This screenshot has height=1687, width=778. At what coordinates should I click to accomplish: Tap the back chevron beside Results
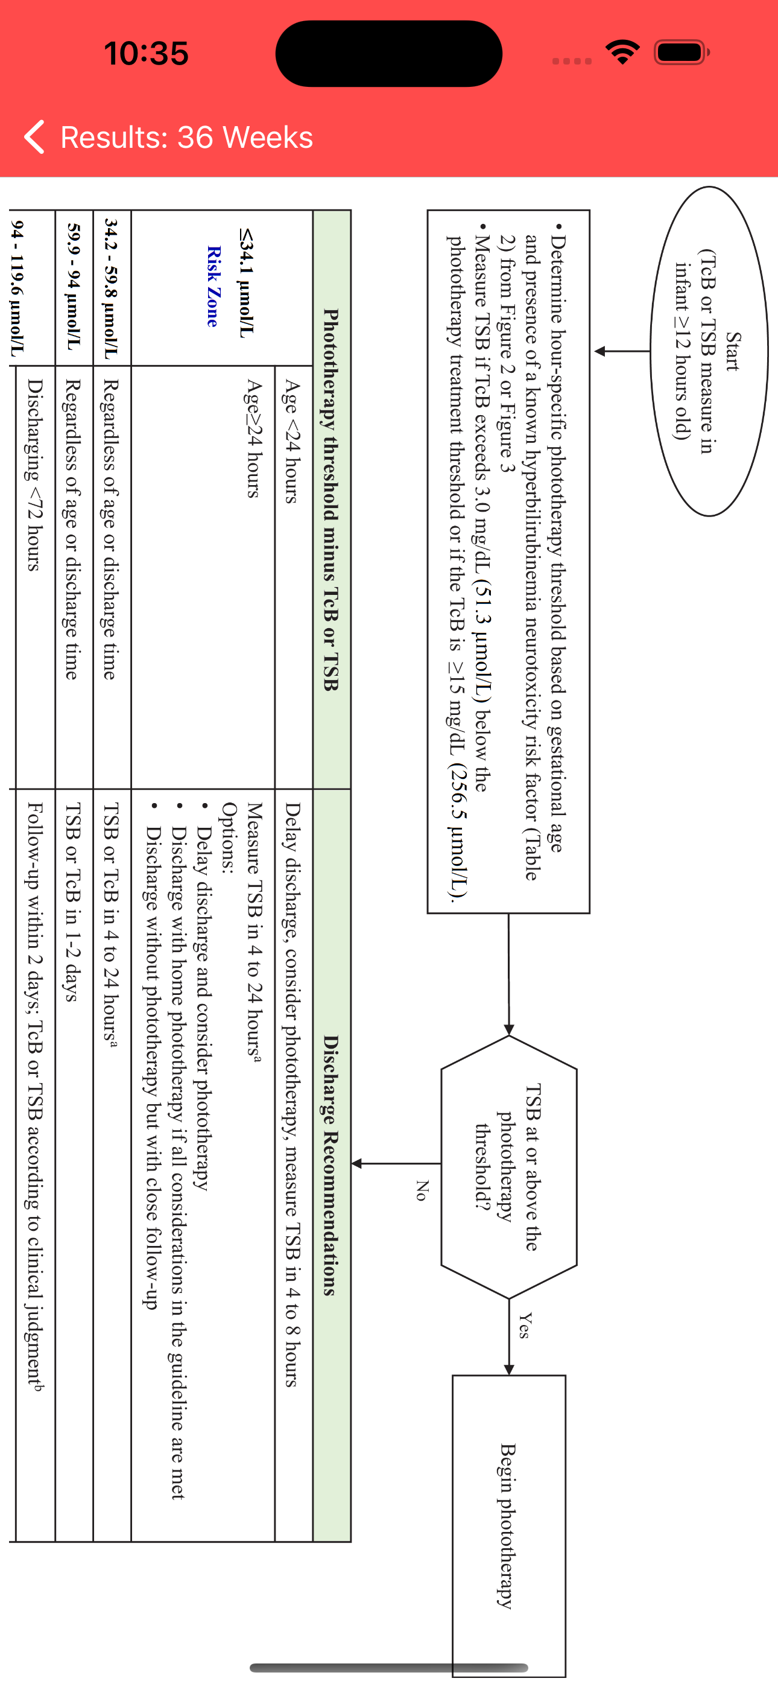pos(34,137)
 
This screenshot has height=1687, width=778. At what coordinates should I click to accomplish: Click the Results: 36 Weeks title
pos(186,138)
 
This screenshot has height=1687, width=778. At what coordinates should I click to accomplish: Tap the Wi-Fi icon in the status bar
pos(623,52)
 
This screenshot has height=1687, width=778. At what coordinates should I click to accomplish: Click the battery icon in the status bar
pos(682,52)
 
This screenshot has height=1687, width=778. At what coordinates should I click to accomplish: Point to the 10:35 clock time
pos(147,53)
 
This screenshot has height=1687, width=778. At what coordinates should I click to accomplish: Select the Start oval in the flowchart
pos(709,352)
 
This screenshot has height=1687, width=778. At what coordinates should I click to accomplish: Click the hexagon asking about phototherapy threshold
pos(509,1166)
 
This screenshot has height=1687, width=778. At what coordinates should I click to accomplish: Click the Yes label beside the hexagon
pos(525,1325)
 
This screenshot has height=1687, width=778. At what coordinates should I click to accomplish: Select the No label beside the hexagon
pos(422,1190)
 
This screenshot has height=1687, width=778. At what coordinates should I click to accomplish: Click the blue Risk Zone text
pos(213,286)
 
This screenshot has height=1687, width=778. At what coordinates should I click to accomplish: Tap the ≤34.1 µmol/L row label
pos(247,283)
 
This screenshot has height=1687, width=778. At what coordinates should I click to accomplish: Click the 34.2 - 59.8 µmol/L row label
pos(112,288)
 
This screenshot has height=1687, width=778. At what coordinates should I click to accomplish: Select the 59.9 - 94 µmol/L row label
pos(74,286)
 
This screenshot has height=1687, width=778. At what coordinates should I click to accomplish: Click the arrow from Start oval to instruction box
pos(622,352)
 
